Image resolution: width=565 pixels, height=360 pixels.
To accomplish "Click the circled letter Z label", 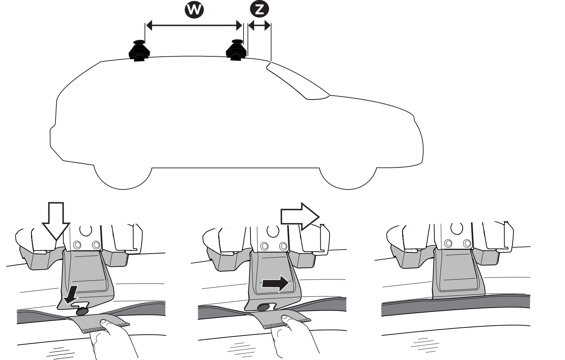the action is point(259,10).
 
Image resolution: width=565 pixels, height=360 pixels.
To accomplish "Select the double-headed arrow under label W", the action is point(194,25).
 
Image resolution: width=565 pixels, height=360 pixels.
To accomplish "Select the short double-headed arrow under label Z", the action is point(259,26).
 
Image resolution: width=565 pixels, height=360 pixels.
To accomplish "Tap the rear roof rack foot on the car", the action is point(139,50).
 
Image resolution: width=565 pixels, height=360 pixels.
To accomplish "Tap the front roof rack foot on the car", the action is point(236,50).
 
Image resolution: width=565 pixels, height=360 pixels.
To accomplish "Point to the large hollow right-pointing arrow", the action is point(300,217).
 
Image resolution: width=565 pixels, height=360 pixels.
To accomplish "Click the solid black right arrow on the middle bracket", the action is point(275,284).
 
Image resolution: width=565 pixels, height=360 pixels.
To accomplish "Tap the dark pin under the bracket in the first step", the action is point(81,311).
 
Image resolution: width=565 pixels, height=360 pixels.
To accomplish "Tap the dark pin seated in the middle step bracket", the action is point(263,307).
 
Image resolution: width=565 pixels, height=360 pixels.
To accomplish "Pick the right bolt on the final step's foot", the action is point(467,243).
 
